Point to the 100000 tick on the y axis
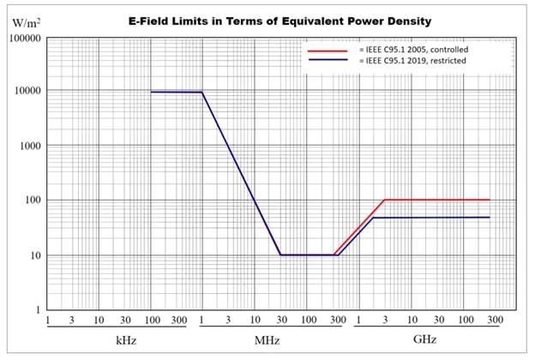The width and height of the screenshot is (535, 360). tap(22, 39)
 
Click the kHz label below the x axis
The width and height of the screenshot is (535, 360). tap(126, 339)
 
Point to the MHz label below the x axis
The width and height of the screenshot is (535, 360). tap(267, 339)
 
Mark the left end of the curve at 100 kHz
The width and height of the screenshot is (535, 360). tap(151, 92)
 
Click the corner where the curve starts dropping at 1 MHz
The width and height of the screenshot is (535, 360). tap(202, 93)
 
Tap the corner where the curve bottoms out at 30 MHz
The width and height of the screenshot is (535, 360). tap(280, 255)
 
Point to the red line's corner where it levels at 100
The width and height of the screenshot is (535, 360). tap(384, 200)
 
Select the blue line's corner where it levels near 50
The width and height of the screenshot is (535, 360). tap(373, 218)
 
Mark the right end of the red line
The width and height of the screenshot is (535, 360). tap(490, 200)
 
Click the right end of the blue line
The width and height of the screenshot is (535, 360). tap(490, 218)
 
